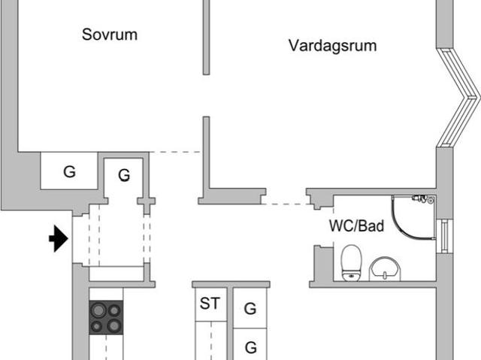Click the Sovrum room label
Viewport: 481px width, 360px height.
coord(110,35)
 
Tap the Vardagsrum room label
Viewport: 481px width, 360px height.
coord(332,46)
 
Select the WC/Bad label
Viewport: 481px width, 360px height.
coord(356,226)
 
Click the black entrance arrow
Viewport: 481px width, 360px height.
coord(59,238)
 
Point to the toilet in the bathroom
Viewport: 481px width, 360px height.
coord(352,263)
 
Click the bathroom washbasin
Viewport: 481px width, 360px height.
coord(385,269)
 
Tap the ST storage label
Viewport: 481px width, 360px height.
coord(210,304)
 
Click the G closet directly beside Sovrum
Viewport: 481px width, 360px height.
coord(69,171)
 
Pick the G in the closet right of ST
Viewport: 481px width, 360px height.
coord(250,309)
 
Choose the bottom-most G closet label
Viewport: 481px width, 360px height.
coord(250,347)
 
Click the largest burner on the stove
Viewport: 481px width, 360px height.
coord(98,310)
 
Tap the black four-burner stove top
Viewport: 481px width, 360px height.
coord(106,317)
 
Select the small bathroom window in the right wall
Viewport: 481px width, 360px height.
coord(444,237)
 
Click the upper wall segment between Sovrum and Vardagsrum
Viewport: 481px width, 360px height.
coord(207,37)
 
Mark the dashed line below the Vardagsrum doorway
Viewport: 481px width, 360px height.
coord(288,204)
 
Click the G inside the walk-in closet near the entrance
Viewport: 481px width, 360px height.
coord(124,175)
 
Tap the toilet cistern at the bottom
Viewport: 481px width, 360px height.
coord(352,276)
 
